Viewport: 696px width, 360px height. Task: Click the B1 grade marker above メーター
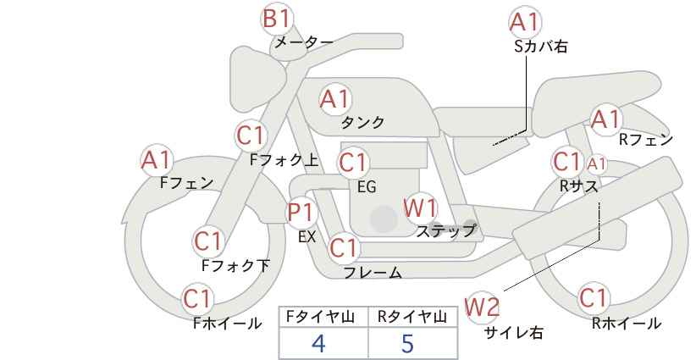[277, 19]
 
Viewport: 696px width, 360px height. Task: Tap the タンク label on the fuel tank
[362, 122]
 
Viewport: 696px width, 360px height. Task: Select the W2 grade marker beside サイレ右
[482, 307]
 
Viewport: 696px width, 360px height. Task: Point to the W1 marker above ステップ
[420, 208]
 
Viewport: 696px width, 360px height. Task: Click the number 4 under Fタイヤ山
[318, 343]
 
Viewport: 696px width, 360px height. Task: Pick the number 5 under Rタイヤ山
[407, 343]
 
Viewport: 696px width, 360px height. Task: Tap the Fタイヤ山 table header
[320, 317]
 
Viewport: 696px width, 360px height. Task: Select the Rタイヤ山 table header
[412, 317]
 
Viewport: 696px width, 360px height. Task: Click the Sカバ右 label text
[541, 47]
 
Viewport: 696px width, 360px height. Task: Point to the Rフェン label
[646, 140]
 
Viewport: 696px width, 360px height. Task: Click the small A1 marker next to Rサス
[596, 164]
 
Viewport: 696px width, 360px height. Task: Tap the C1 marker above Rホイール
[593, 298]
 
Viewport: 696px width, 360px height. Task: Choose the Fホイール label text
[228, 324]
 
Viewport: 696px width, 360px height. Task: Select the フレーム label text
[373, 273]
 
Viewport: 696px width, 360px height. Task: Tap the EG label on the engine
[367, 187]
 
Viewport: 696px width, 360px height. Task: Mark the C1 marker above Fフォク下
[208, 242]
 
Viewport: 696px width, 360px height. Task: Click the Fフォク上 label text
[284, 159]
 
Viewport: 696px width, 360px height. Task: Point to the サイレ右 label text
[514, 333]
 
